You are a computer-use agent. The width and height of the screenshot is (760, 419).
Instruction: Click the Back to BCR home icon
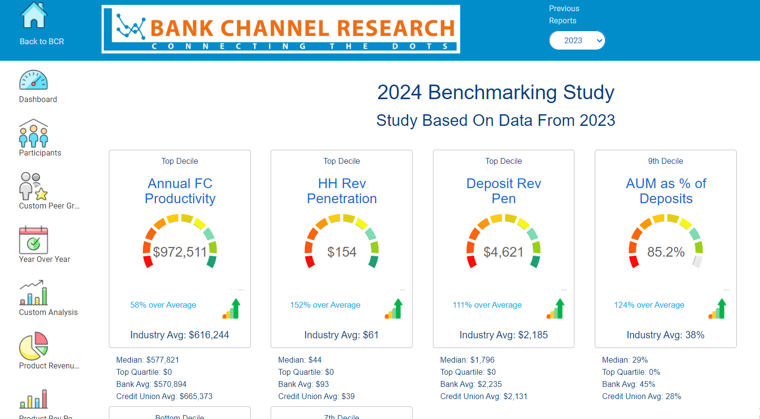34,15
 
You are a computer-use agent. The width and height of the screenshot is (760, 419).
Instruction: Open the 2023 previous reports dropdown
577,40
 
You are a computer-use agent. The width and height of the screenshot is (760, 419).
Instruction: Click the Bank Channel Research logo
280,29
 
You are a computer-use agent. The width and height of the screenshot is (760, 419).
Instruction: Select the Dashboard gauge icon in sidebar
34,80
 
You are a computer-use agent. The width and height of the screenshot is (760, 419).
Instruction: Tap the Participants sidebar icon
34,134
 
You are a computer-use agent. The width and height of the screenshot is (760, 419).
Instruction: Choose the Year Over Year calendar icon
34,240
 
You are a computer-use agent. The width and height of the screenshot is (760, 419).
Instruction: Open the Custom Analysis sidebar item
34,293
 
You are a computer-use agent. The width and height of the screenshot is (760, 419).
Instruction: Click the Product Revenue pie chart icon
34,346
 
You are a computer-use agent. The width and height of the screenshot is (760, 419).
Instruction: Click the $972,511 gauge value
180,252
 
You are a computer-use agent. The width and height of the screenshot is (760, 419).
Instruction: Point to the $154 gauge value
342,252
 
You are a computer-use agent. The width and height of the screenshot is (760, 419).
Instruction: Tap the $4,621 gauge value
503,252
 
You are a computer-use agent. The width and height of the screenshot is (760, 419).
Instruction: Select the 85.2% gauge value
666,252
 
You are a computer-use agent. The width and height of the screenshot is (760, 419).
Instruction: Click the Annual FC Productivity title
180,191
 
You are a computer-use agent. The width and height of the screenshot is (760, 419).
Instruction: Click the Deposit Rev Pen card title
503,191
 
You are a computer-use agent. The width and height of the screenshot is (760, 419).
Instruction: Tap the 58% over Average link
163,305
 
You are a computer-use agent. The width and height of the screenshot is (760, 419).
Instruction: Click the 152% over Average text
325,305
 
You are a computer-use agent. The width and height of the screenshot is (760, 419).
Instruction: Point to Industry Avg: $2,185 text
503,335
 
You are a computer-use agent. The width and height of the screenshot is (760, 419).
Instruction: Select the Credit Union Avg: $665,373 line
164,396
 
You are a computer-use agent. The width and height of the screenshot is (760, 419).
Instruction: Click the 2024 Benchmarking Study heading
496,92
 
